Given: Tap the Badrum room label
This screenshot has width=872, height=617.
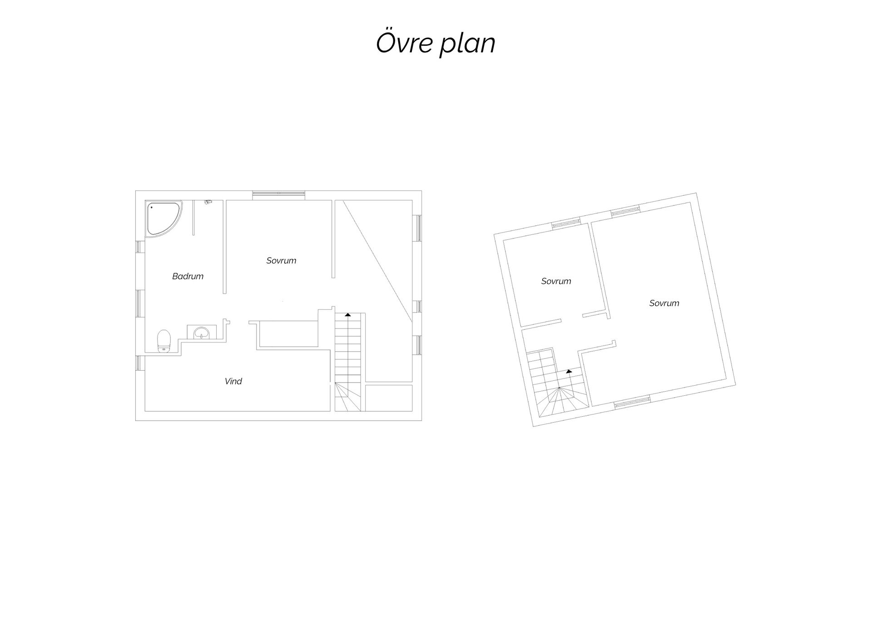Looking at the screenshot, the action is (x=188, y=276).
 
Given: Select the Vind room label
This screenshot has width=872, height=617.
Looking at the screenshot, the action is (x=233, y=381).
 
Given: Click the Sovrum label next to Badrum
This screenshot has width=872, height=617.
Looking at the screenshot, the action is (x=281, y=260).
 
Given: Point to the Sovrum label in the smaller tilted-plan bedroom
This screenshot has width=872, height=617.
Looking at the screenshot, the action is (x=556, y=281).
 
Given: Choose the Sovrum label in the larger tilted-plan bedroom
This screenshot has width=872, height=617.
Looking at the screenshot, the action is (x=664, y=303).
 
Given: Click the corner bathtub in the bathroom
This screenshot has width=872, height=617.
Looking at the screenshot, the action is (x=164, y=218).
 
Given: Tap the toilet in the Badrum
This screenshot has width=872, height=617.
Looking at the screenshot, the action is (x=163, y=341).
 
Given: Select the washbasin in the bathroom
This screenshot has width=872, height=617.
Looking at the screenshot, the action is (x=202, y=333).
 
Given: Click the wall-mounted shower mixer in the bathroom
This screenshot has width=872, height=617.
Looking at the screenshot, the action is (x=208, y=202).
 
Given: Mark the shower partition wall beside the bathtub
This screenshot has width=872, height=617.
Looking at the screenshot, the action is (x=193, y=218).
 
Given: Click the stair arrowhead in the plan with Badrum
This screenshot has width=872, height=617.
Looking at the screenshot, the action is (x=348, y=314).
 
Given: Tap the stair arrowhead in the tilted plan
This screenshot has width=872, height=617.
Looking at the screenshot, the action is (x=569, y=371).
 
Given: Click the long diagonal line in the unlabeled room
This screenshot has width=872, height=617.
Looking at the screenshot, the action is (x=378, y=262).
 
